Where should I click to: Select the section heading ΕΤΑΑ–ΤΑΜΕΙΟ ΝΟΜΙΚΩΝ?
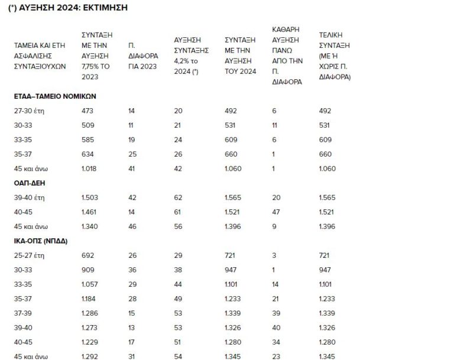[x=55, y=96]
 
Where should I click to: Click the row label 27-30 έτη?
[x=30, y=111]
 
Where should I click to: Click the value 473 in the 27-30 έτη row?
[x=87, y=111]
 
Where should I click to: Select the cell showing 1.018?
[x=90, y=169]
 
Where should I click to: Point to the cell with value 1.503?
[x=90, y=199]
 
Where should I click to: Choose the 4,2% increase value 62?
[x=178, y=199]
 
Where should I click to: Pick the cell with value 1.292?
[x=90, y=356]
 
